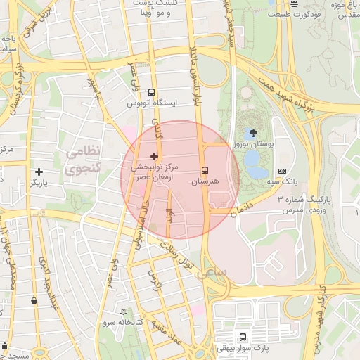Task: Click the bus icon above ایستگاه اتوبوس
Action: (152, 92)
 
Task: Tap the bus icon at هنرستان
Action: (205, 170)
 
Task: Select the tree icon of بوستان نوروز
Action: (251, 131)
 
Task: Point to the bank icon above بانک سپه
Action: (282, 171)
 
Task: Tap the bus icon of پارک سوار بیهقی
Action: (243, 337)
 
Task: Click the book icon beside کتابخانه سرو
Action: (124, 311)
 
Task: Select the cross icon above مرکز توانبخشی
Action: (155, 155)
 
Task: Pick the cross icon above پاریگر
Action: (39, 172)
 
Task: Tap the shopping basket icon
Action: (34, 300)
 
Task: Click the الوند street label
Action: (169, 214)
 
